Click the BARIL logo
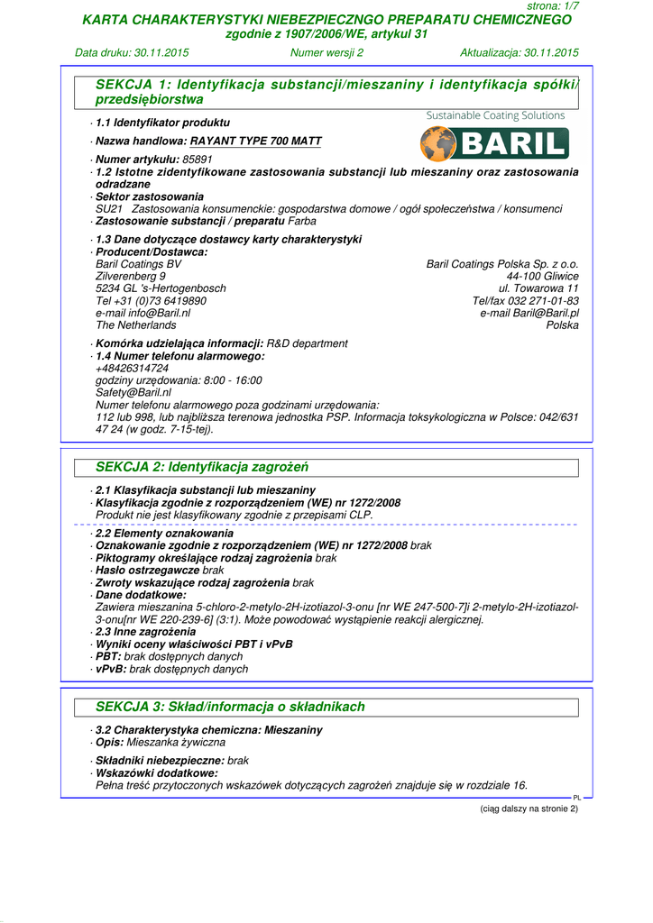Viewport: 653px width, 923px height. (494, 143)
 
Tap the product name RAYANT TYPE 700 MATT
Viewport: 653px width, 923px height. (255, 142)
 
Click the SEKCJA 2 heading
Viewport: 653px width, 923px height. (202, 468)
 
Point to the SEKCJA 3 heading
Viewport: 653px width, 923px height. (230, 707)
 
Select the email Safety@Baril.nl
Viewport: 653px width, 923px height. (133, 393)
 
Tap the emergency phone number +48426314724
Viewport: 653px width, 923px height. (132, 369)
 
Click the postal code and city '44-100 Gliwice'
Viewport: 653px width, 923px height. (542, 276)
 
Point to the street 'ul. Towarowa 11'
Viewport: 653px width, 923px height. (538, 288)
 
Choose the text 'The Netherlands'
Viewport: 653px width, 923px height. (135, 325)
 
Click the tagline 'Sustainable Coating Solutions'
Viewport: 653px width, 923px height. (495, 115)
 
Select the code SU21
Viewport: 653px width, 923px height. (107, 209)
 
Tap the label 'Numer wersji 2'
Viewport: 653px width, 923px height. (326, 52)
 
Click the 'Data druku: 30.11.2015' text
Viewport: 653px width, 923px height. (132, 52)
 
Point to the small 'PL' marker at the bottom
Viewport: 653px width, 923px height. (577, 798)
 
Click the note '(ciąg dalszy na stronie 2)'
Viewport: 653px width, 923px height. (529, 809)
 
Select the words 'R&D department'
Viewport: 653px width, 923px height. (307, 343)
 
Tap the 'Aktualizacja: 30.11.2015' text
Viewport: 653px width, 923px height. (520, 52)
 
